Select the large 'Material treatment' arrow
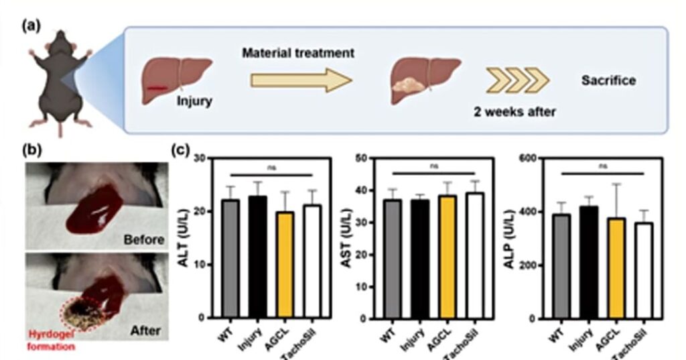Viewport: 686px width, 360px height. pyautogui.click(x=301, y=81)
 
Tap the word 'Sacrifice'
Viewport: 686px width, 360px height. pyautogui.click(x=608, y=81)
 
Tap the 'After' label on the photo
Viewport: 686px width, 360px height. pyautogui.click(x=147, y=331)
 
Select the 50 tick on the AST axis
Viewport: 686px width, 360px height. pyautogui.click(x=366, y=158)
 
